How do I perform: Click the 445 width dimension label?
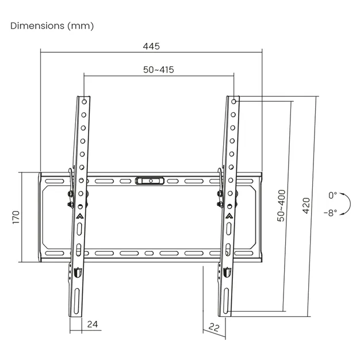point(151,47)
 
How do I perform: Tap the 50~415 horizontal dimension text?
point(159,70)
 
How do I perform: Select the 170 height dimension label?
point(16,217)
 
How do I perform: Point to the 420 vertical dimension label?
point(307,206)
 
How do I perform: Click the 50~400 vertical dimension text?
point(281,206)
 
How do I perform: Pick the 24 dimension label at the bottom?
point(93,324)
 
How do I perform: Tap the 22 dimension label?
point(214,327)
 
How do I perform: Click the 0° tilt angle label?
point(332,196)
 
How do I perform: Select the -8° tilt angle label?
point(331,213)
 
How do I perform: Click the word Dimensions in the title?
point(37,26)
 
